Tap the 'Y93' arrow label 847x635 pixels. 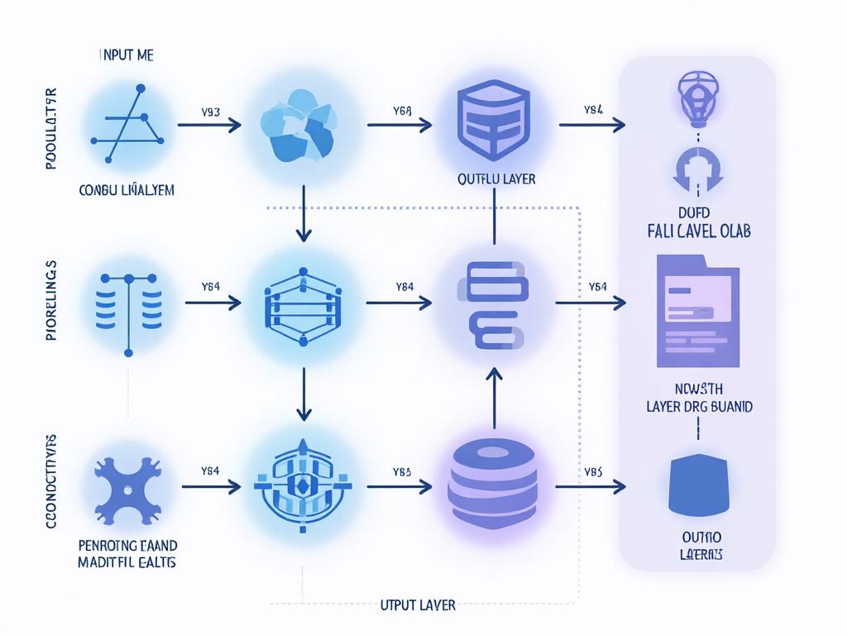[x=210, y=111]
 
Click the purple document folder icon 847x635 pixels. [x=697, y=310]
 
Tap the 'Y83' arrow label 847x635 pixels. [x=402, y=471]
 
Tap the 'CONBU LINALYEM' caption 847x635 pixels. [x=127, y=189]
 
